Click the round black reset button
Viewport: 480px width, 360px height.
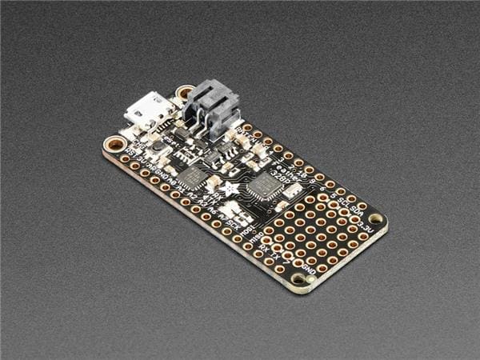click(x=159, y=147)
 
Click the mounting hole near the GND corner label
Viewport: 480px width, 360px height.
click(x=301, y=278)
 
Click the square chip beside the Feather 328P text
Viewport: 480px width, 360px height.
click(x=261, y=189)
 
